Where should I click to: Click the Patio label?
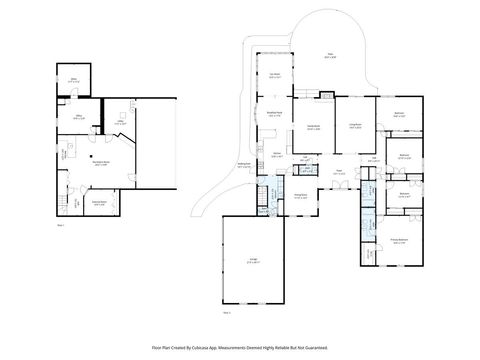click(x=330, y=56)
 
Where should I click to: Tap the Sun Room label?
click(x=274, y=76)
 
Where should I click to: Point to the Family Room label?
click(x=313, y=127)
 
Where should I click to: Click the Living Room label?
click(x=355, y=125)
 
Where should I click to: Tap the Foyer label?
click(x=339, y=173)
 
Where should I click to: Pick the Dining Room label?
click(x=300, y=197)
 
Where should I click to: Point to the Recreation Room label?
click(x=100, y=163)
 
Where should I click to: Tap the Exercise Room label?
click(x=100, y=202)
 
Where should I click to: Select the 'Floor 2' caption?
click(x=227, y=312)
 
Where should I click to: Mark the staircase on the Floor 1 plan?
click(x=71, y=203)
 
